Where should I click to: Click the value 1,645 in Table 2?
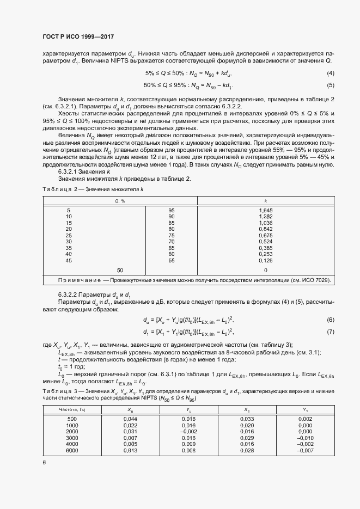(265, 210)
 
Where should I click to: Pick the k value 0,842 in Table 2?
(265, 229)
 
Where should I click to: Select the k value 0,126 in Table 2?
(265, 260)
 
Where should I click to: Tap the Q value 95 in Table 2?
(172, 210)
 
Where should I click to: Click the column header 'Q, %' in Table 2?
(120, 201)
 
